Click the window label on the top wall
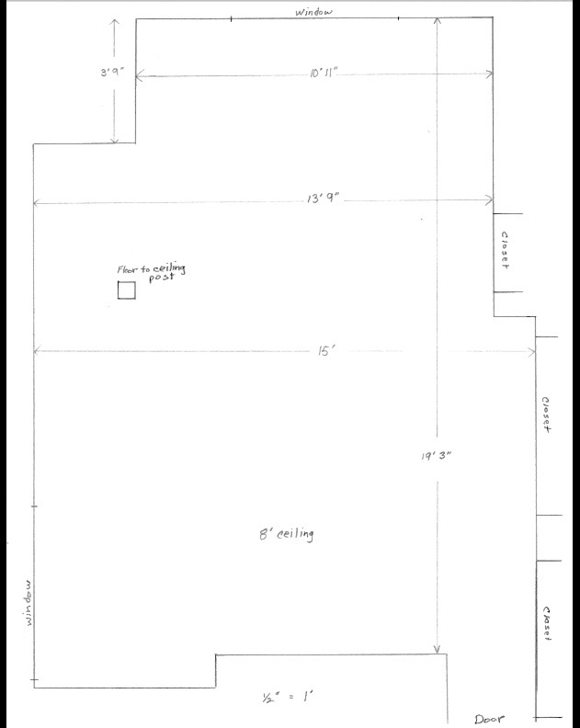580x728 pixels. point(314,12)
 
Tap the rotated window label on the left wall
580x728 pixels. point(28,603)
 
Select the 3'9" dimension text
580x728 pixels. point(113,73)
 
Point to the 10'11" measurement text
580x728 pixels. point(324,74)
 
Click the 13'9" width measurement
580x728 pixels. point(324,199)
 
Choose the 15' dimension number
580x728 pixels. point(326,351)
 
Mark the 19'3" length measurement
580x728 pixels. point(436,456)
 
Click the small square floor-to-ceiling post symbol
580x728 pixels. point(126,290)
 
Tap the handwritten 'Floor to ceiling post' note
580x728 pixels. point(152,272)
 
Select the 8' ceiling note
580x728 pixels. point(287,534)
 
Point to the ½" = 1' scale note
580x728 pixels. point(288,697)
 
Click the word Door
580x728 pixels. point(489,719)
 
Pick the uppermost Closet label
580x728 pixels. point(505,250)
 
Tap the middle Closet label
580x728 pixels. point(546,415)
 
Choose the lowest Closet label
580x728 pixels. point(547,623)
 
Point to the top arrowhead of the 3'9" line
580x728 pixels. point(115,21)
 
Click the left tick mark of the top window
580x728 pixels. point(232,18)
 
